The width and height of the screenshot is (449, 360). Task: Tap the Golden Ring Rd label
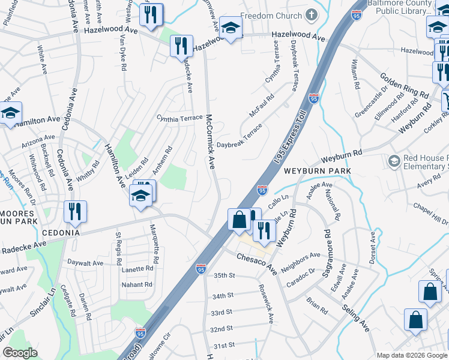(404, 86)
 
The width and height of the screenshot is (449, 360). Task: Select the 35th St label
(223, 275)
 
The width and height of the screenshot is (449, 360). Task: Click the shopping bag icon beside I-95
(239, 220)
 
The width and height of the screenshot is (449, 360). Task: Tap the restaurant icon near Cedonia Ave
(76, 211)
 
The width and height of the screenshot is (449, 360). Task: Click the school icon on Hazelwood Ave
(230, 27)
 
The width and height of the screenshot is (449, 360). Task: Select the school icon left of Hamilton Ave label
(10, 112)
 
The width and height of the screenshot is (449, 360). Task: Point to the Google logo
(20, 353)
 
